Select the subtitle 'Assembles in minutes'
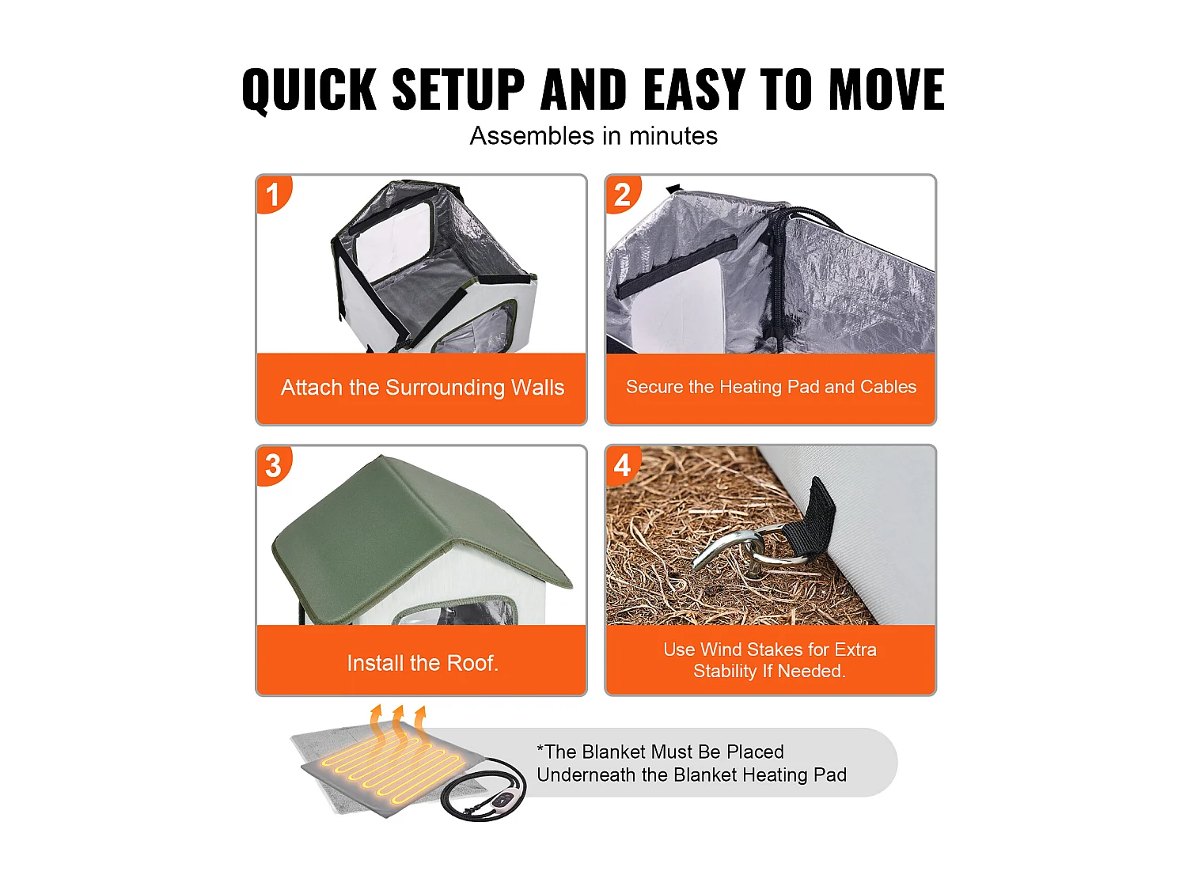[593, 136]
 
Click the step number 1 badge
[273, 195]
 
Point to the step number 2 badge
[623, 195]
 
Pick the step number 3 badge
[273, 466]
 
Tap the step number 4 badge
[623, 466]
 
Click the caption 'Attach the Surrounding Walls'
[422, 388]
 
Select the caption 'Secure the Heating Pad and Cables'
[771, 387]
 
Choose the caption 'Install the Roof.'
[423, 663]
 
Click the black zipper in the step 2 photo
[779, 277]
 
